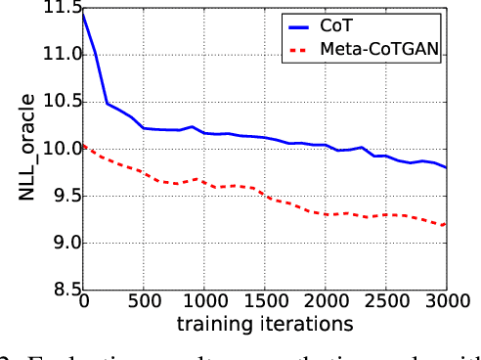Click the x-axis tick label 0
[83, 302]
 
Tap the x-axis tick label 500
[144, 302]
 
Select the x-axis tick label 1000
[204, 302]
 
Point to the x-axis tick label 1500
[265, 302]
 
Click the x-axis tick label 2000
[326, 302]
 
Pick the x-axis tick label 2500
[386, 302]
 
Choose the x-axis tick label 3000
[446, 302]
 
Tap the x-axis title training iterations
[264, 323]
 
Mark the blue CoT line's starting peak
[83, 12]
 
